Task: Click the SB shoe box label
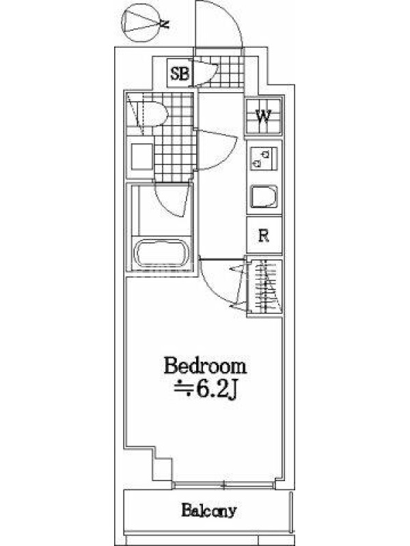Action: pyautogui.click(x=180, y=73)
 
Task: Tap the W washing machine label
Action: pyautogui.click(x=263, y=116)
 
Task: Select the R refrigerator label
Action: pyautogui.click(x=264, y=235)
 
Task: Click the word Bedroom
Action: pyautogui.click(x=205, y=366)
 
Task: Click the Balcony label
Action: pyautogui.click(x=208, y=511)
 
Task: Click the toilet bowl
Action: pyautogui.click(x=152, y=113)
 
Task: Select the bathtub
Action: pyautogui.click(x=161, y=253)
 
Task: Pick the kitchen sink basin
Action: pyautogui.click(x=264, y=197)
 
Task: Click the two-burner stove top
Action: pyautogui.click(x=264, y=158)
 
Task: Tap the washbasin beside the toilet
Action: pyautogui.click(x=142, y=156)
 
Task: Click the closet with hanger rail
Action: pyautogui.click(x=264, y=287)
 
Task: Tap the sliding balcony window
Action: pyautogui.click(x=223, y=485)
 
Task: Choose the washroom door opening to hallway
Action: pyautogui.click(x=217, y=149)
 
